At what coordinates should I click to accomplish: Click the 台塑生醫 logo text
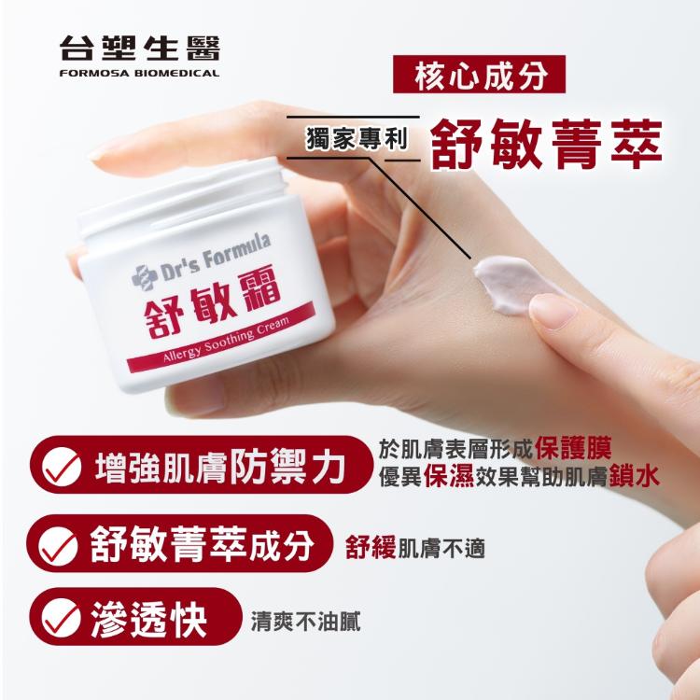(x=139, y=49)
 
